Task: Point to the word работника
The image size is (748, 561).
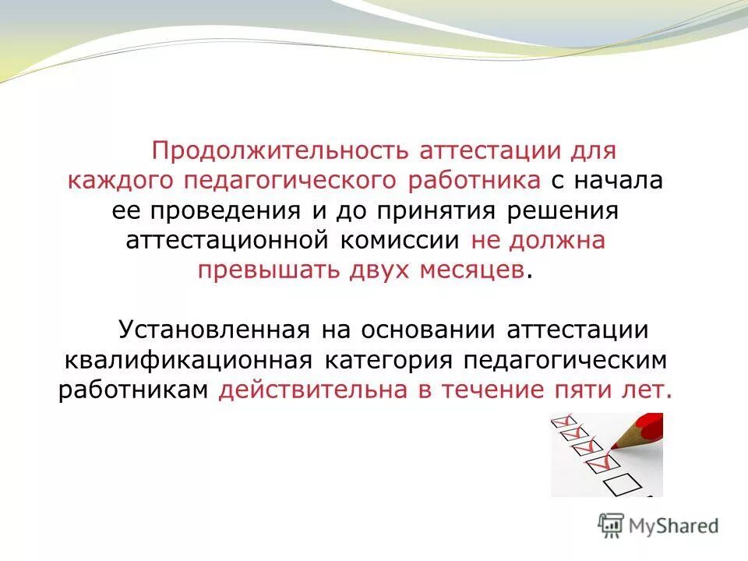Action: (x=475, y=181)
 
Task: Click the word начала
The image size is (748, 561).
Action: (x=619, y=181)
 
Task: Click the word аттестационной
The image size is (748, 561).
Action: (x=226, y=241)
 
